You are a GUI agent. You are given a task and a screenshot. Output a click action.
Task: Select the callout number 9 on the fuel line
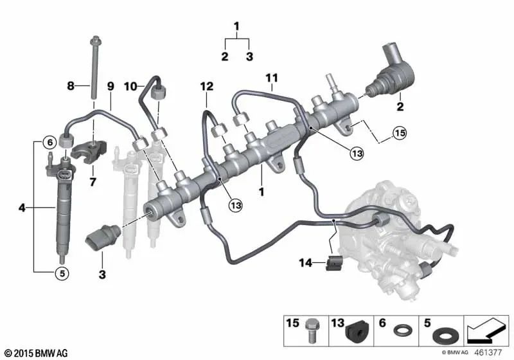(110, 85)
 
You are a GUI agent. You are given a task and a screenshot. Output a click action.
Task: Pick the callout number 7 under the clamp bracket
(93, 183)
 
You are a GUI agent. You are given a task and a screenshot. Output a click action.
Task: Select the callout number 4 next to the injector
(23, 208)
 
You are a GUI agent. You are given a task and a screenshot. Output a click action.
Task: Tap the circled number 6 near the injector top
(49, 142)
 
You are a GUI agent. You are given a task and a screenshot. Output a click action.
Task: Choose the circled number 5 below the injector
(61, 273)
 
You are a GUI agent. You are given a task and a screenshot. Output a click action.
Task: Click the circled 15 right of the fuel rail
(400, 134)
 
